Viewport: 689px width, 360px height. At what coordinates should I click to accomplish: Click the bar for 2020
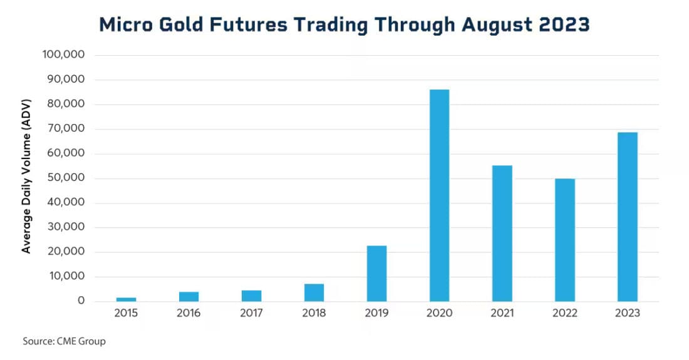pyautogui.click(x=439, y=195)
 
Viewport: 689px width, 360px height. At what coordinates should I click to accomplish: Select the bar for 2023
pyautogui.click(x=627, y=217)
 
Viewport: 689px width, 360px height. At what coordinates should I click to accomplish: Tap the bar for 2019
pyautogui.click(x=376, y=274)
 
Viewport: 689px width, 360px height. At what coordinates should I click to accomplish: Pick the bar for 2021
pyautogui.click(x=502, y=234)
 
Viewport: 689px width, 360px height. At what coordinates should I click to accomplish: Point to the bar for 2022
pyautogui.click(x=564, y=240)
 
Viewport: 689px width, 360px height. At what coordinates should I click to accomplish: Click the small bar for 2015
pyautogui.click(x=126, y=299)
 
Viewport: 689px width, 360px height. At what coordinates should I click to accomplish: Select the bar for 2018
pyautogui.click(x=314, y=292)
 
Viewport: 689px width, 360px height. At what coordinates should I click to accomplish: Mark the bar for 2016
pyautogui.click(x=189, y=296)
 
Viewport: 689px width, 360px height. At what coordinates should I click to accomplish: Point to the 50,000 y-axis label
pyautogui.click(x=66, y=178)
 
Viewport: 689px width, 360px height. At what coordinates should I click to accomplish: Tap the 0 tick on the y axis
pyautogui.click(x=81, y=301)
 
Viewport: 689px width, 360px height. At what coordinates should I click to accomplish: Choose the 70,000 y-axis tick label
pyautogui.click(x=66, y=129)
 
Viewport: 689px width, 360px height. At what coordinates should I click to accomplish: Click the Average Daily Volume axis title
pyautogui.click(x=26, y=178)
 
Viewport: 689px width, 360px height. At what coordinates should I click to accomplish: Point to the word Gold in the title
pyautogui.click(x=191, y=25)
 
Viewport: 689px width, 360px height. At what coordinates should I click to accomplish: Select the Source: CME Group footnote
pyautogui.click(x=65, y=342)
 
